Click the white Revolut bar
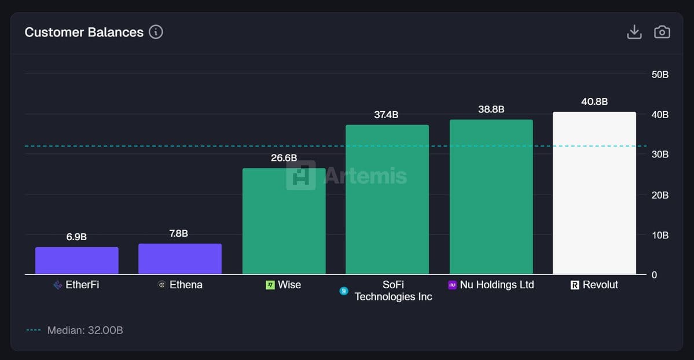pyautogui.click(x=594, y=193)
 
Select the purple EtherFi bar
pyautogui.click(x=77, y=260)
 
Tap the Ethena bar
pyautogui.click(x=180, y=259)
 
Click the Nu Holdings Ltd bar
pyautogui.click(x=491, y=197)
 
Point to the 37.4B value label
pyautogui.click(x=386, y=115)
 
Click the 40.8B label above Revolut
pyautogui.click(x=594, y=102)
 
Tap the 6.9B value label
pyautogui.click(x=76, y=237)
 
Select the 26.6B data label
pyautogui.click(x=284, y=158)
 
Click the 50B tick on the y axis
pyautogui.click(x=660, y=75)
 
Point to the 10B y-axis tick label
pyautogui.click(x=660, y=235)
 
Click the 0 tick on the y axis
pyautogui.click(x=655, y=275)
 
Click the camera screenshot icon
pyautogui.click(x=662, y=32)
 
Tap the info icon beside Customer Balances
pyautogui.click(x=156, y=32)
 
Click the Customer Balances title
pyautogui.click(x=84, y=32)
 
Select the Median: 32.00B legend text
pyautogui.click(x=85, y=330)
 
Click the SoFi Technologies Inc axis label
pyautogui.click(x=393, y=291)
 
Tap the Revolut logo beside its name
pyautogui.click(x=575, y=285)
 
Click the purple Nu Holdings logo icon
pyautogui.click(x=453, y=285)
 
